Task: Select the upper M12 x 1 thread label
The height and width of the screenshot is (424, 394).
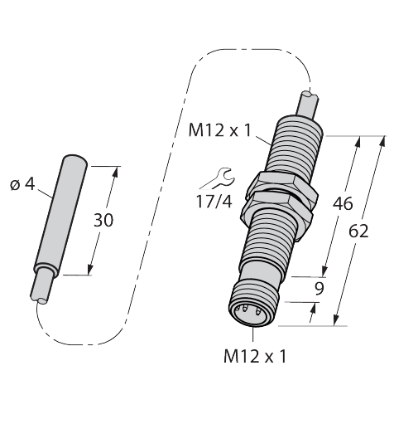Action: coord(219,129)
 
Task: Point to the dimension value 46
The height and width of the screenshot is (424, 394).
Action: coord(342,203)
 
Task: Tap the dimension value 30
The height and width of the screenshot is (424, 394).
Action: coord(103,221)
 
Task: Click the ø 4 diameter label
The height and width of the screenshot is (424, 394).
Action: coord(22,184)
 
